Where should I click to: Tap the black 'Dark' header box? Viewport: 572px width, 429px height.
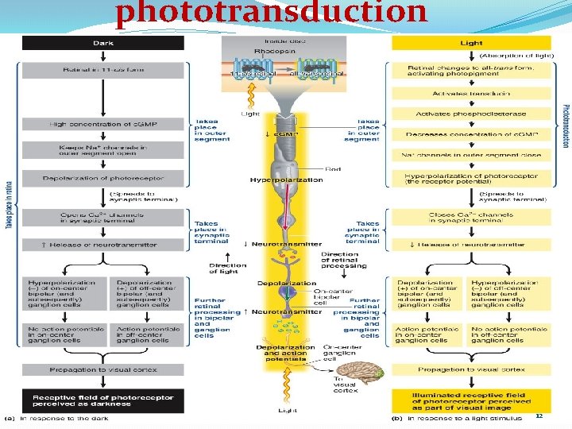pos(103,43)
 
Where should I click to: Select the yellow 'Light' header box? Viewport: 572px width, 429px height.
pos(471,43)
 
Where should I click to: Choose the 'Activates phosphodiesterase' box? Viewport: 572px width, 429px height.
pos(471,114)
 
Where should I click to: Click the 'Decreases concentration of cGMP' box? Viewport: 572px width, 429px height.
pos(471,134)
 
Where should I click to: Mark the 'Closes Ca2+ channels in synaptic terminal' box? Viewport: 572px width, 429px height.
pos(471,218)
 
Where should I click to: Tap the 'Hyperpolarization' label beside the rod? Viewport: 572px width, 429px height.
pos(275,180)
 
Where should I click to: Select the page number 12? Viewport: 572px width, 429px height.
pos(539,416)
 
